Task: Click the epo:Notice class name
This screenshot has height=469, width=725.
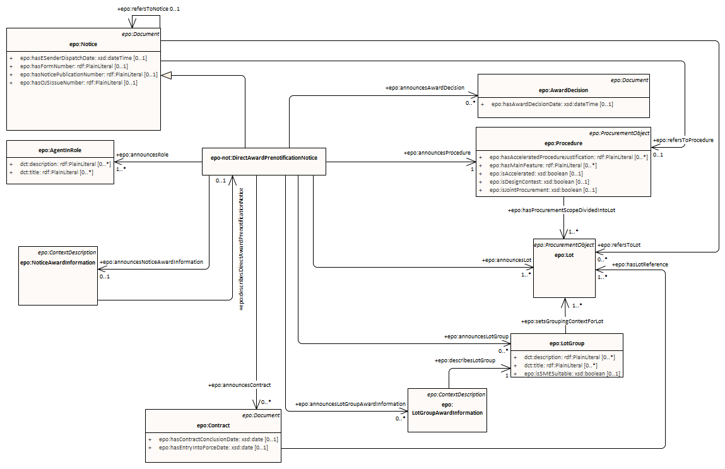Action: click(83, 44)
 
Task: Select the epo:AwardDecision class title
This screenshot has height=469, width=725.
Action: click(563, 90)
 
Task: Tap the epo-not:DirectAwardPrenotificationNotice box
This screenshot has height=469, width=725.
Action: click(264, 157)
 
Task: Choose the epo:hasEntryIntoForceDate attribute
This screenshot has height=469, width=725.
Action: click(213, 448)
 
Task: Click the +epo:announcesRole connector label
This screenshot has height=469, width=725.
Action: click(143, 155)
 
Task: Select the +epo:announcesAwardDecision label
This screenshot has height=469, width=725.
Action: click(425, 88)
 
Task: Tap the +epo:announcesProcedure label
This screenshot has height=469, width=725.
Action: click(435, 153)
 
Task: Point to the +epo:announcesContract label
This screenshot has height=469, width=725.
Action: click(239, 384)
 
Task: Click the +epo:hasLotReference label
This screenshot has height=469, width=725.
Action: click(640, 264)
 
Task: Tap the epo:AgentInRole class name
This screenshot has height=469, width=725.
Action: click(60, 150)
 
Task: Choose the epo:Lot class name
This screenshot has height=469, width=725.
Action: click(564, 254)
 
